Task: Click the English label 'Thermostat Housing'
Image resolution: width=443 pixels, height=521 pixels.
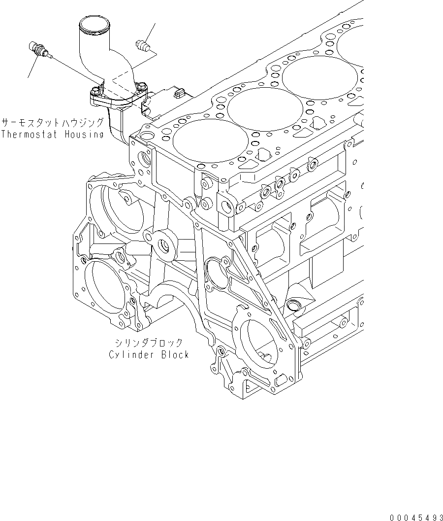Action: pos(52,134)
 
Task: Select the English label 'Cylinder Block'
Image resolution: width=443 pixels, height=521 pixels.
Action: pos(149,354)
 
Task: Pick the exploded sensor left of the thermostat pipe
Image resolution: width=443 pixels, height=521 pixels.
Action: pos(38,50)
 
